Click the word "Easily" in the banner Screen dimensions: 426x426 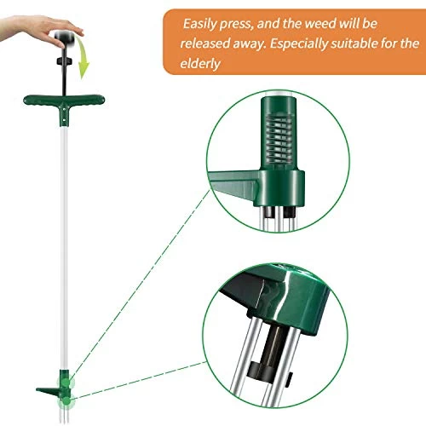(199, 24)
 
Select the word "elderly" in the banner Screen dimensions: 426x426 (200, 63)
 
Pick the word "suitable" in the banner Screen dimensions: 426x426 (354, 43)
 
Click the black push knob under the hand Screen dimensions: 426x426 (64, 37)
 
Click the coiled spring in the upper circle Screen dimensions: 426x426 (279, 139)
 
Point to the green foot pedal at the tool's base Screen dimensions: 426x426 (48, 390)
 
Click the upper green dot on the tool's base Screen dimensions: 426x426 (66, 383)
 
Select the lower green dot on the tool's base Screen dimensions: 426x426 (67, 401)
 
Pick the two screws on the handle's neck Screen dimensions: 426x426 (65, 114)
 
